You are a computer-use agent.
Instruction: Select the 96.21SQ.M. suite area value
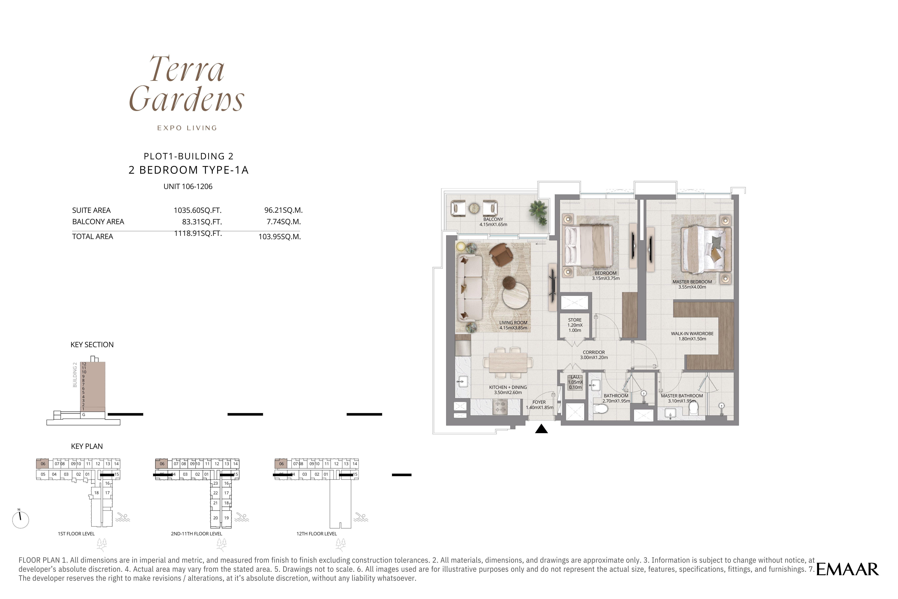283,210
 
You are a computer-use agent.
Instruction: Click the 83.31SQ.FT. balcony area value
202,221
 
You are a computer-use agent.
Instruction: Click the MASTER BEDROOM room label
692,282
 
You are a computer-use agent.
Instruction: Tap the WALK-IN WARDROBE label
692,333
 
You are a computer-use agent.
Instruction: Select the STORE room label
575,320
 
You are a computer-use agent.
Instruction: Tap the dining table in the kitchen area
508,362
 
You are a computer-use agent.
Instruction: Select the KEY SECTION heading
92,344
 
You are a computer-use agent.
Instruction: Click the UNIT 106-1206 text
188,186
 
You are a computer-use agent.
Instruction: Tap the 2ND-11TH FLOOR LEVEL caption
196,534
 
